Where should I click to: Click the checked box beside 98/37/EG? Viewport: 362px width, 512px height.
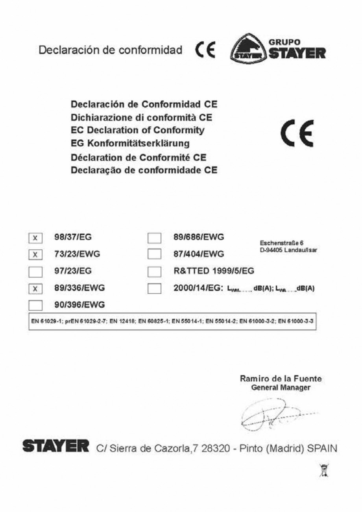[35, 238]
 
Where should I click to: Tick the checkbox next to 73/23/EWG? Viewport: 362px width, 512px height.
[35, 255]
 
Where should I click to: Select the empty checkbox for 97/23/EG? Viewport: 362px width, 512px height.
[35, 272]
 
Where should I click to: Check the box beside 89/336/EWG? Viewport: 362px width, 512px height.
[35, 288]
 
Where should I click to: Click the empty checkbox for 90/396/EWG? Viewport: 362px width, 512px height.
[35, 305]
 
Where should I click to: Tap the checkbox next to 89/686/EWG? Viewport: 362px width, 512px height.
[155, 238]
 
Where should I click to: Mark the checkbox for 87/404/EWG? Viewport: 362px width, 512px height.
[155, 255]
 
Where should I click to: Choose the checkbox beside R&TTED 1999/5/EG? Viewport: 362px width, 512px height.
[155, 272]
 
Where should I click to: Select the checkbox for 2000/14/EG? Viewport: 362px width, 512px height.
[155, 288]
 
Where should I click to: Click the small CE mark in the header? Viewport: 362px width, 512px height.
[205, 50]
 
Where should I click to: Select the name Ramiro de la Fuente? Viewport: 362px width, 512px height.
[281, 379]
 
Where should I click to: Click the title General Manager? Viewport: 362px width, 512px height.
[281, 388]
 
